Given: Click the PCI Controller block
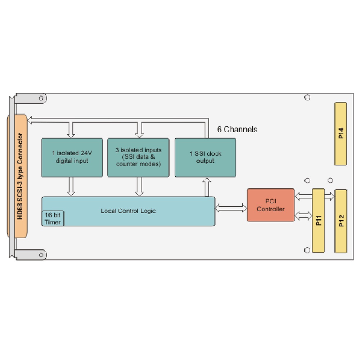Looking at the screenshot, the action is pos(271,205).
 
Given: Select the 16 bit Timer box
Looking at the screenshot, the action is pos(53,219).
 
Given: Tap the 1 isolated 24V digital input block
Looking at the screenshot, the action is pos(72,158).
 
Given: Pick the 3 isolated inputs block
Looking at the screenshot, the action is pos(138,158).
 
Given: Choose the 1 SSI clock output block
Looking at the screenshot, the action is pos(205,158).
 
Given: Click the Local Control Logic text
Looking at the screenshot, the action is pos(129,211).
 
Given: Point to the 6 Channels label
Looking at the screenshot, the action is pos(237,129).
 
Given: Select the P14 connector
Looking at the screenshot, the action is pos(341,134).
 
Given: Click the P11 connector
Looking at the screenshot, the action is pos(318,220).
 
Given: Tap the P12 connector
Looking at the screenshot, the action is pos(341,221).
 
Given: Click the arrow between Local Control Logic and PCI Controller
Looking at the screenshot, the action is pos(231,208).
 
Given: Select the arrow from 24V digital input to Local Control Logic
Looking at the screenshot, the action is pos(71,186).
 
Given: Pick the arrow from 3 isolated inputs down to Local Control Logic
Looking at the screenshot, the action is pos(139,186).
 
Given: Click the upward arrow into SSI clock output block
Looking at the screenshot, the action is pos(207,187).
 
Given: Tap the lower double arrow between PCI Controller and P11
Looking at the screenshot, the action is pos(303,216).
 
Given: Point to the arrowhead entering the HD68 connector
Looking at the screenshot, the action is pos(30,120).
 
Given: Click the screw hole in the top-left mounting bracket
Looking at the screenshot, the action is pos(41,98).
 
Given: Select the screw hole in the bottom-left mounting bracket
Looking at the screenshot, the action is pos(41,255).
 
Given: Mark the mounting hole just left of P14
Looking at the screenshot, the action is pos(307,98).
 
